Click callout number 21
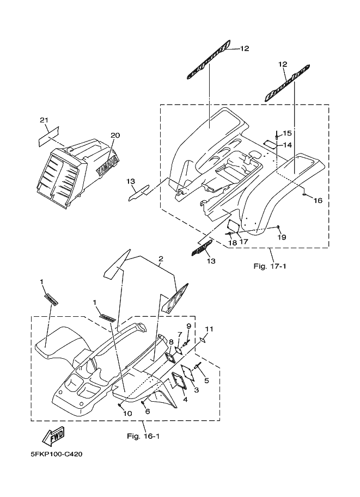coord(44,120)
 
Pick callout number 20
coord(115,135)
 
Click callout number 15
coord(288,133)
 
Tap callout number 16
coord(318,200)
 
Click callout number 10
coord(127,414)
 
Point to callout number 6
coord(147,412)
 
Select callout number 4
coord(185,399)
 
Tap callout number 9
coord(188,326)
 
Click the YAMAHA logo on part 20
coord(107,163)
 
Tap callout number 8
coord(171,342)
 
